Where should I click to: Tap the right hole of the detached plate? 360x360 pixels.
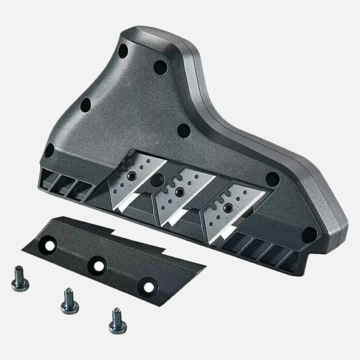click(x=149, y=285)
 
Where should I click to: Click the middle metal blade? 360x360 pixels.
click(x=178, y=197)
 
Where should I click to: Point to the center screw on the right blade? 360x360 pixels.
click(x=228, y=208)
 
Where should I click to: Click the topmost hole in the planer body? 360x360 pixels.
click(x=123, y=51)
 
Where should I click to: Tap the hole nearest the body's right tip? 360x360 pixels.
click(x=309, y=234)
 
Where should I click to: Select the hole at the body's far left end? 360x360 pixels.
click(x=49, y=150)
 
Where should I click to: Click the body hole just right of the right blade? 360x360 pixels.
click(x=272, y=179)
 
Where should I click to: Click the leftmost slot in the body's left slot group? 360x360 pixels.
click(x=48, y=179)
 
